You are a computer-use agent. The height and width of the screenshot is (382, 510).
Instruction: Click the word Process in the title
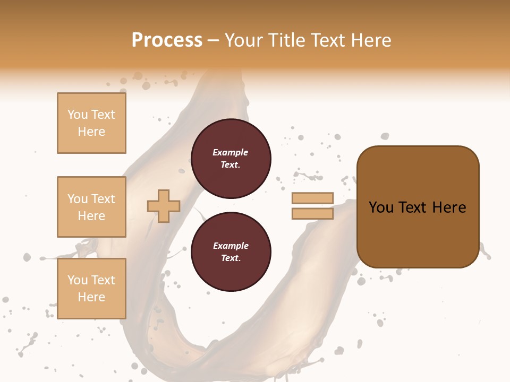[167, 40]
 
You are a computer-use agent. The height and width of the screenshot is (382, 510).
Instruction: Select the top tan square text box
[91, 123]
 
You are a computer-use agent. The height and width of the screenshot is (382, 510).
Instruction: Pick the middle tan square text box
[91, 207]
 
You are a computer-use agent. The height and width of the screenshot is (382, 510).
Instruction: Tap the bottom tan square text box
[91, 289]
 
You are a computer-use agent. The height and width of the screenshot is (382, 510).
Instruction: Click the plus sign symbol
[163, 206]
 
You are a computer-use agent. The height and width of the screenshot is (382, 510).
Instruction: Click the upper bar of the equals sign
[312, 198]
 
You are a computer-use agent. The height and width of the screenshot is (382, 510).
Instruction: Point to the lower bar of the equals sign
[312, 213]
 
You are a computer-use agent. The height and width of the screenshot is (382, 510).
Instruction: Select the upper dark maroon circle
[231, 158]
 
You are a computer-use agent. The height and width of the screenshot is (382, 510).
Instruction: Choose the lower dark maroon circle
[231, 252]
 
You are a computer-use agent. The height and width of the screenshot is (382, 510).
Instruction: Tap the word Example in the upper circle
[230, 152]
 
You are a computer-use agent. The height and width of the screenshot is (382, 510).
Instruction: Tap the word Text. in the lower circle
[231, 258]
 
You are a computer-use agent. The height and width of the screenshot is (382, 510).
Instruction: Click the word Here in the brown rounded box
[449, 207]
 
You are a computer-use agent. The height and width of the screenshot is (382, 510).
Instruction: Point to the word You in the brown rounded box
[381, 207]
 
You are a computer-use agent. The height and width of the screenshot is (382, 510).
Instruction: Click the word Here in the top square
[91, 132]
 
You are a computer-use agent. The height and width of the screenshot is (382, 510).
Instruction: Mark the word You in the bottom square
[78, 280]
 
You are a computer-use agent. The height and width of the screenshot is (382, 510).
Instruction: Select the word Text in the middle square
[103, 199]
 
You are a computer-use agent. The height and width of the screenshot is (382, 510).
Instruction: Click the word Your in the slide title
[243, 40]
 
